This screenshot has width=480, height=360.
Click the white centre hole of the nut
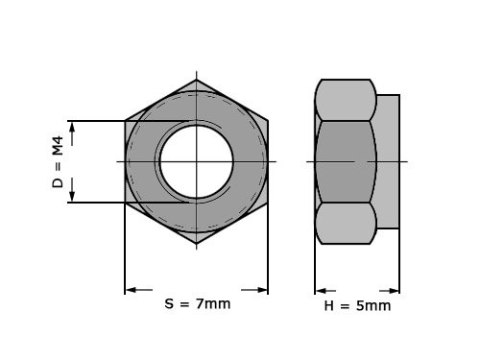pyautogui.click(x=196, y=160)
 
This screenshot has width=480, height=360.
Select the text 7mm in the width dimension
pyautogui.click(x=213, y=304)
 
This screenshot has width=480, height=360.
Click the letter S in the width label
pyautogui.click(x=169, y=304)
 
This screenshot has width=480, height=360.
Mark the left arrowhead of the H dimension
pyautogui.click(x=323, y=290)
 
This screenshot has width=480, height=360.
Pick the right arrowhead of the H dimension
pyautogui.click(x=393, y=290)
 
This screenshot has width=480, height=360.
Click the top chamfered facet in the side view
pyautogui.click(x=345, y=99)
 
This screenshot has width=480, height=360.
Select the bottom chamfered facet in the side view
pyautogui.click(x=345, y=223)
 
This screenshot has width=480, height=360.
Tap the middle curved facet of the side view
pyautogui.click(x=345, y=160)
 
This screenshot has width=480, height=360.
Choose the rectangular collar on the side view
pyautogui.click(x=388, y=160)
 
